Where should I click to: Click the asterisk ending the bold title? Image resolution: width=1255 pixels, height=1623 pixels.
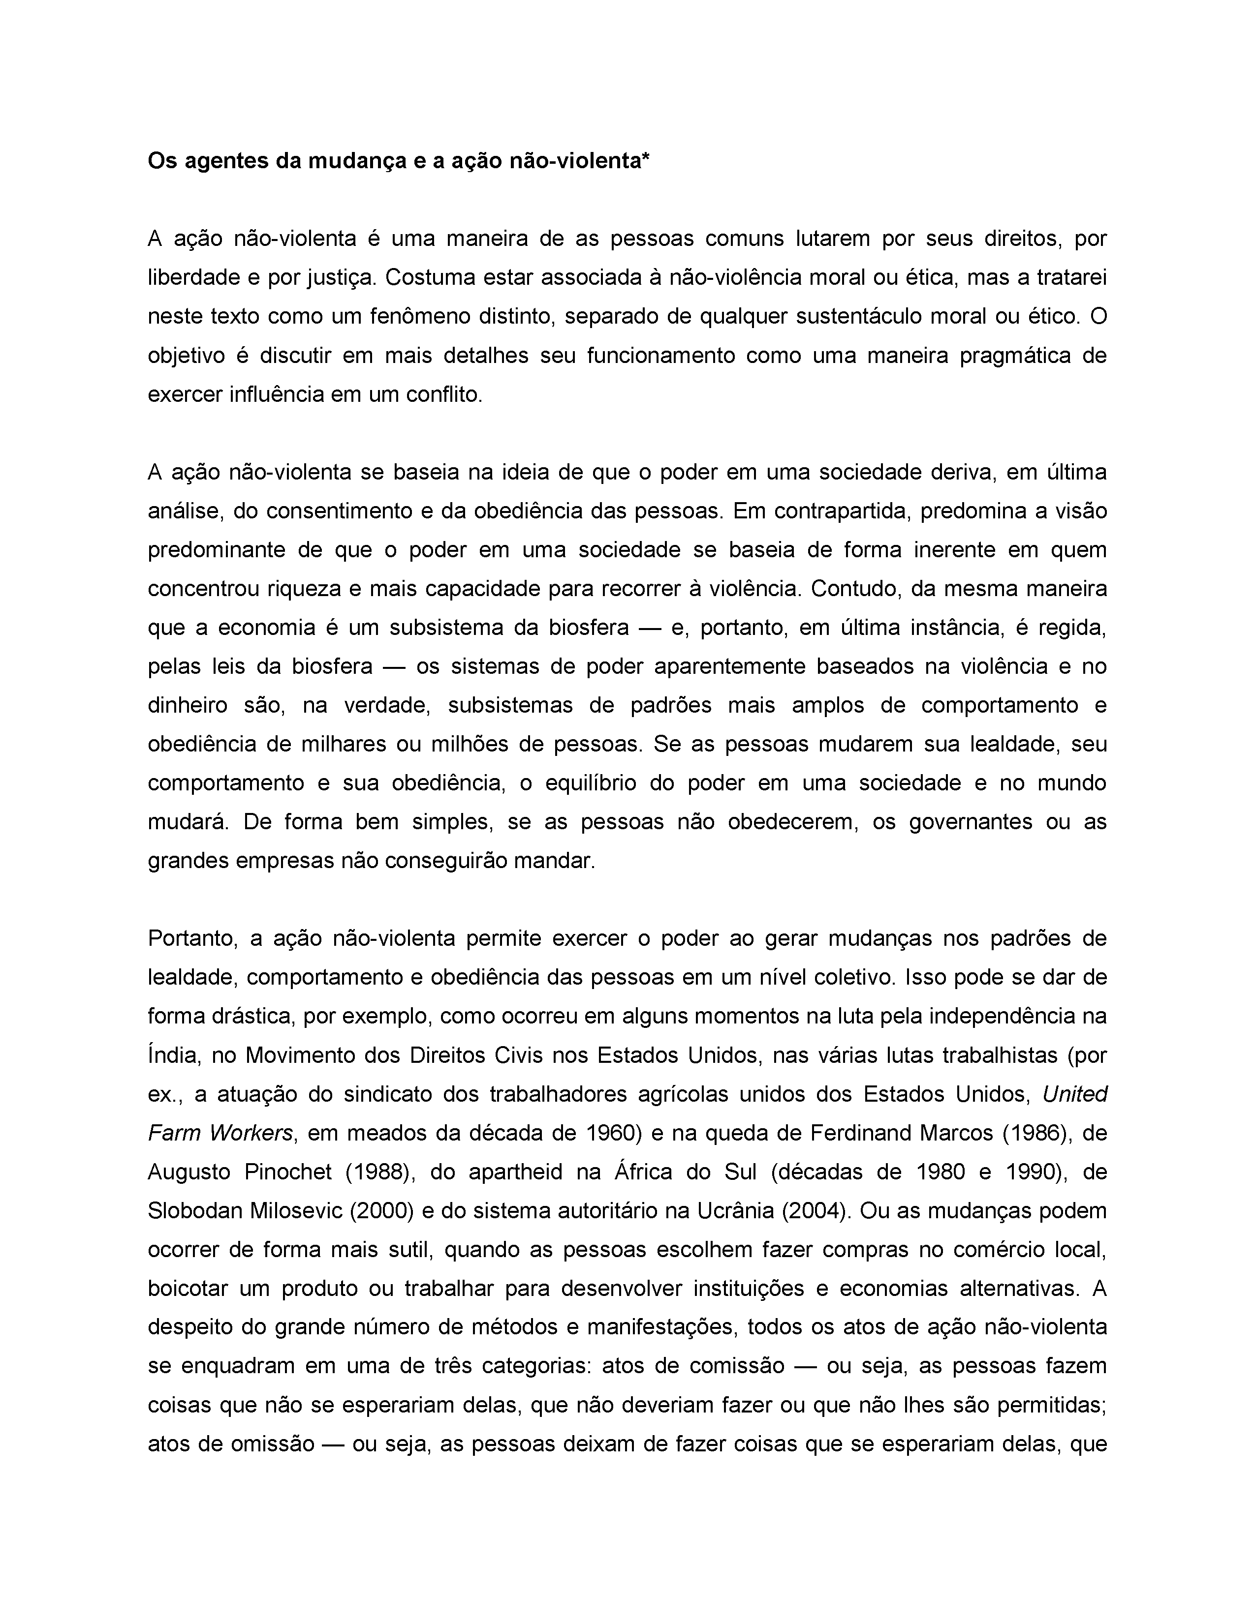[645, 158]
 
